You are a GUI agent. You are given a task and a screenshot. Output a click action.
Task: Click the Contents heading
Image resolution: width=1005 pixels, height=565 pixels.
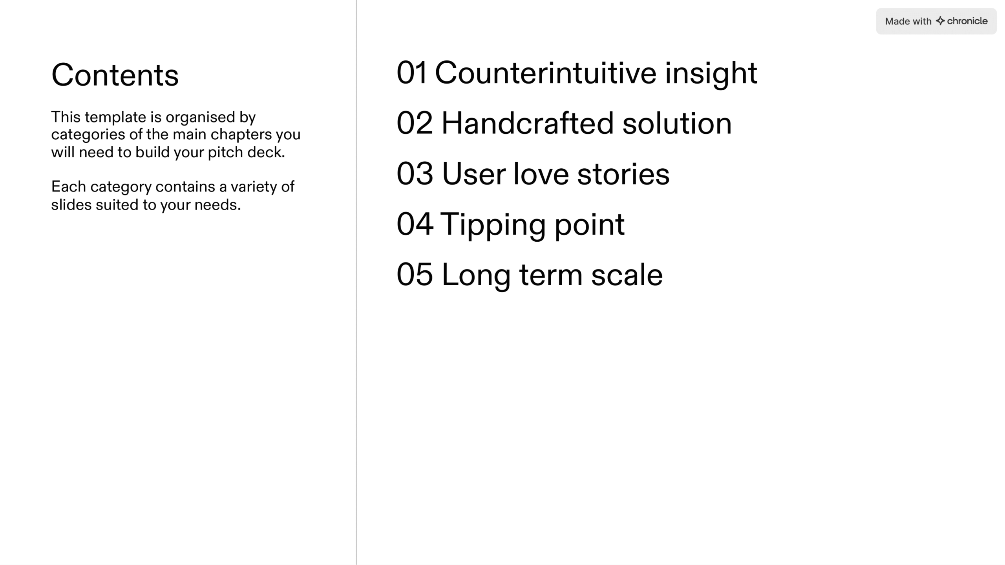coord(115,75)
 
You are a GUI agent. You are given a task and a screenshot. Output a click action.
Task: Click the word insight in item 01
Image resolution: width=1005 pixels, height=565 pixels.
coord(711,74)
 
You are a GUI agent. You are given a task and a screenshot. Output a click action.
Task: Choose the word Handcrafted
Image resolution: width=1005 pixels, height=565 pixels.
coord(528,123)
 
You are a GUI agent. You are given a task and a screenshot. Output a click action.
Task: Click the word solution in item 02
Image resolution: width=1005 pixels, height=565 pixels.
coord(677,123)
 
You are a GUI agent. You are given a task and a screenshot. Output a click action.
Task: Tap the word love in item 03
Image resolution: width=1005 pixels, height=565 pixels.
coord(541,173)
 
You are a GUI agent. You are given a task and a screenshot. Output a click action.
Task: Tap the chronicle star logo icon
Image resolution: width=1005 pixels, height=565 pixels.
coord(940,21)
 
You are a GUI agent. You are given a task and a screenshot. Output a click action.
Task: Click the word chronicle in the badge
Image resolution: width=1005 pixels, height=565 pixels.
coord(967,21)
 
